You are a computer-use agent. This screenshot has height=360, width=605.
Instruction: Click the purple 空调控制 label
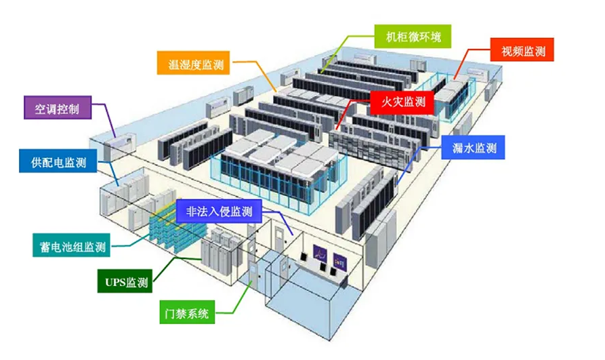(57, 108)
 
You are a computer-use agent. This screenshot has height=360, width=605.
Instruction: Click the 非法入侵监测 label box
(218, 211)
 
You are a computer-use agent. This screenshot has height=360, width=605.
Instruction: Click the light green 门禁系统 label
(189, 315)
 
